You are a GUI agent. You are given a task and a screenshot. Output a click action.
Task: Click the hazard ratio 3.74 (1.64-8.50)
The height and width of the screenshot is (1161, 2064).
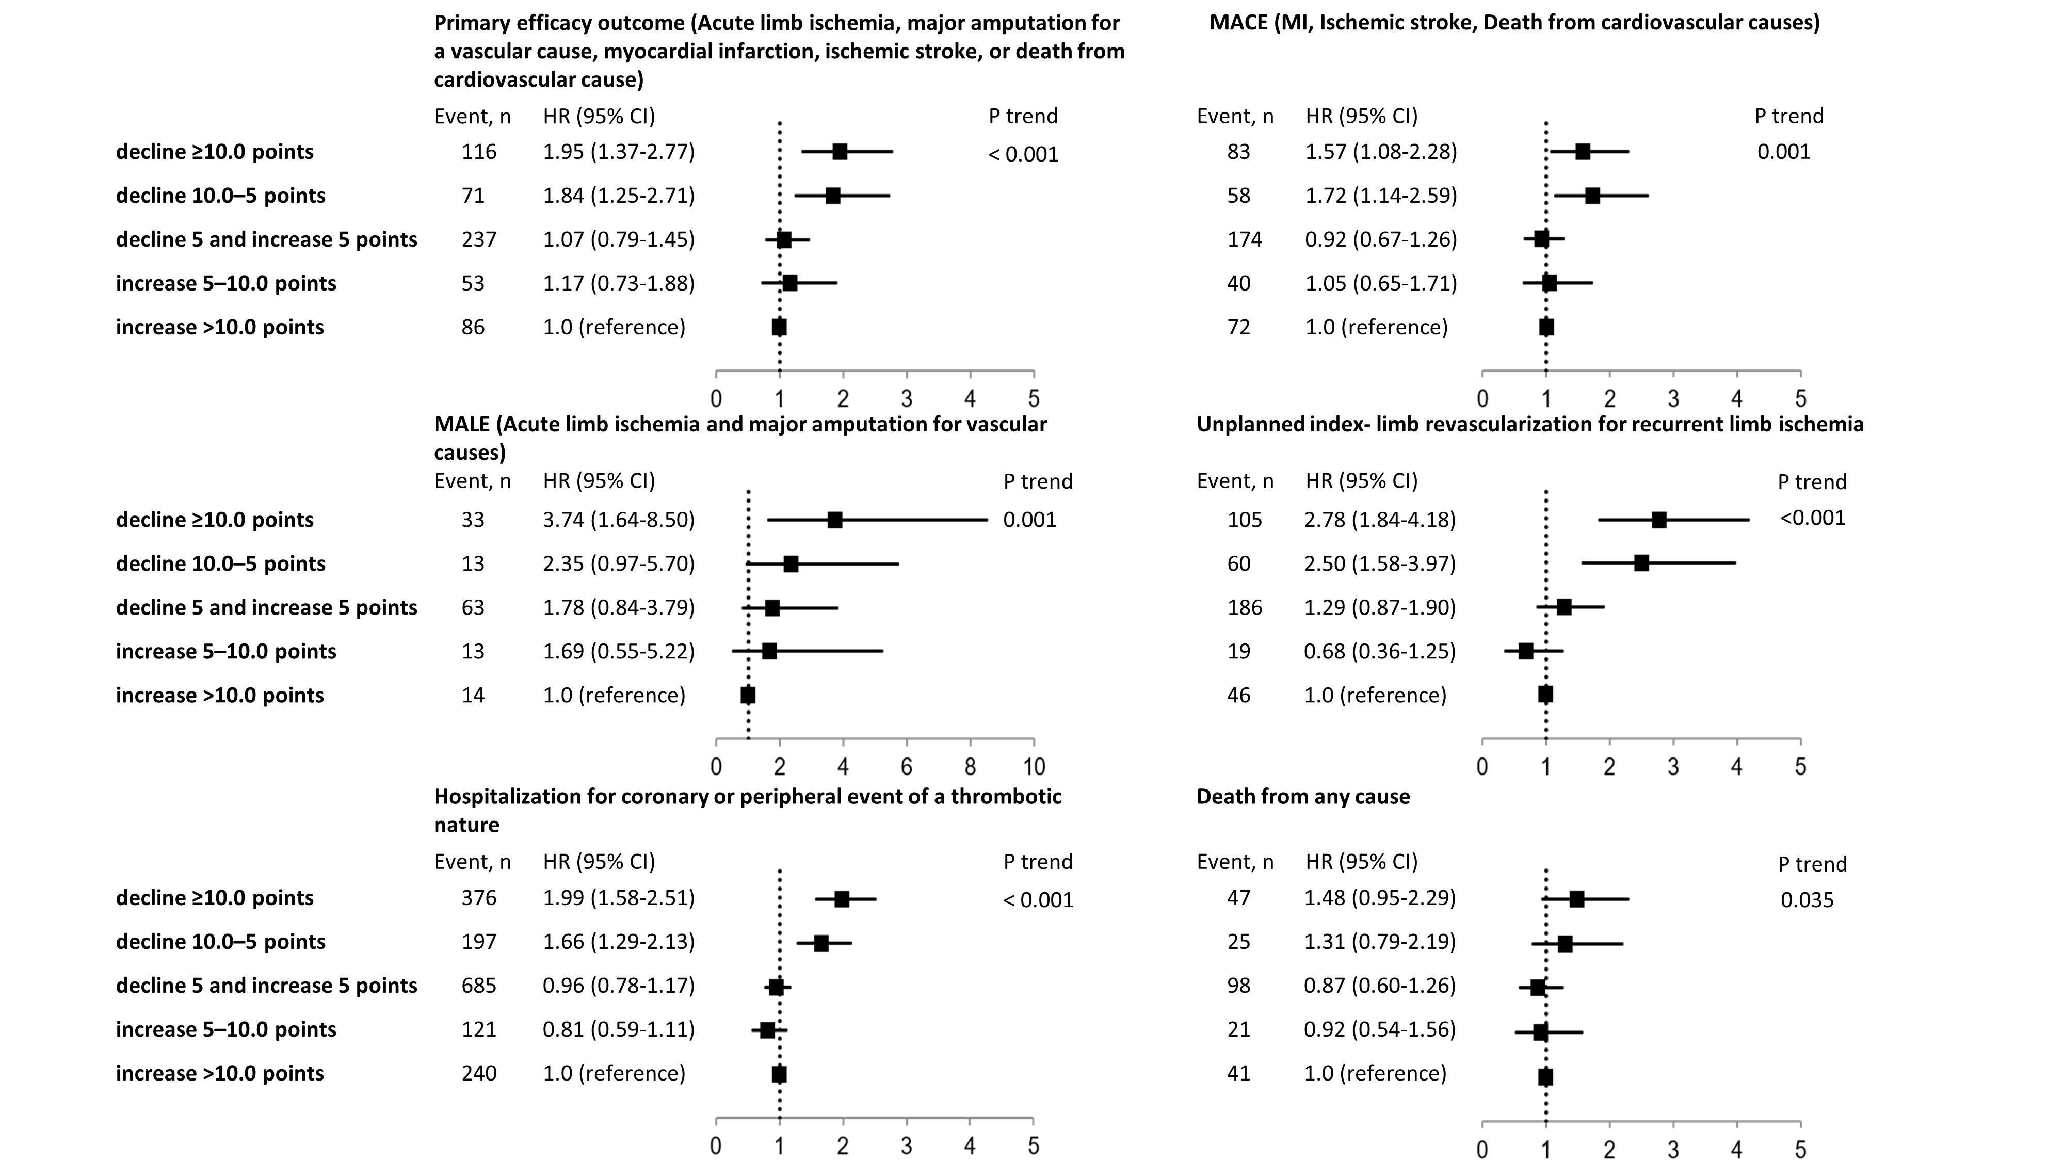click(x=619, y=520)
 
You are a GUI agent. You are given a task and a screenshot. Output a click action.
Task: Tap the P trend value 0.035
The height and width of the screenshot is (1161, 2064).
click(x=1807, y=900)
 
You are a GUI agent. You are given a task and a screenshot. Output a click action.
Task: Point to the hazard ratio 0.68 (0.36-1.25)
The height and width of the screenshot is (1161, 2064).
click(x=1380, y=651)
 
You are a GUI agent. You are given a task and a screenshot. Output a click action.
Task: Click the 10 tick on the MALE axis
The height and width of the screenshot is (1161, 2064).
click(x=1034, y=767)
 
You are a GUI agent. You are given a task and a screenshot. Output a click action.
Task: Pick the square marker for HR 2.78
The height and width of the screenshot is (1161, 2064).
click(x=1658, y=520)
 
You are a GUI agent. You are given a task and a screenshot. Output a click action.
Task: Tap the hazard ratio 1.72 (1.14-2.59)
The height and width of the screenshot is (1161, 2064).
click(x=1381, y=196)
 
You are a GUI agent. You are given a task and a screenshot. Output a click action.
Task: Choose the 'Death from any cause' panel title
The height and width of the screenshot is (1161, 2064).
click(x=1303, y=796)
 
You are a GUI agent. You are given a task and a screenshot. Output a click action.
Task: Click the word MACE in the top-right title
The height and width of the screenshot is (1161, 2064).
click(x=1239, y=22)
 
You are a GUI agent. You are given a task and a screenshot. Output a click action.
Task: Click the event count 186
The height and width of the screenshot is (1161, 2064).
click(x=1244, y=607)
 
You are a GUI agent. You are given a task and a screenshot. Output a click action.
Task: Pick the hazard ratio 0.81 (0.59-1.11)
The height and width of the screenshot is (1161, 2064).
click(x=619, y=1029)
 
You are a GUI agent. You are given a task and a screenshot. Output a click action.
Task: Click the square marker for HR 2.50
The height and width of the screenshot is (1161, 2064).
click(x=1641, y=563)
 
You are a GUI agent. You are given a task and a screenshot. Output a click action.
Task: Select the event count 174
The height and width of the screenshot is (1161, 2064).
click(x=1244, y=239)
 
